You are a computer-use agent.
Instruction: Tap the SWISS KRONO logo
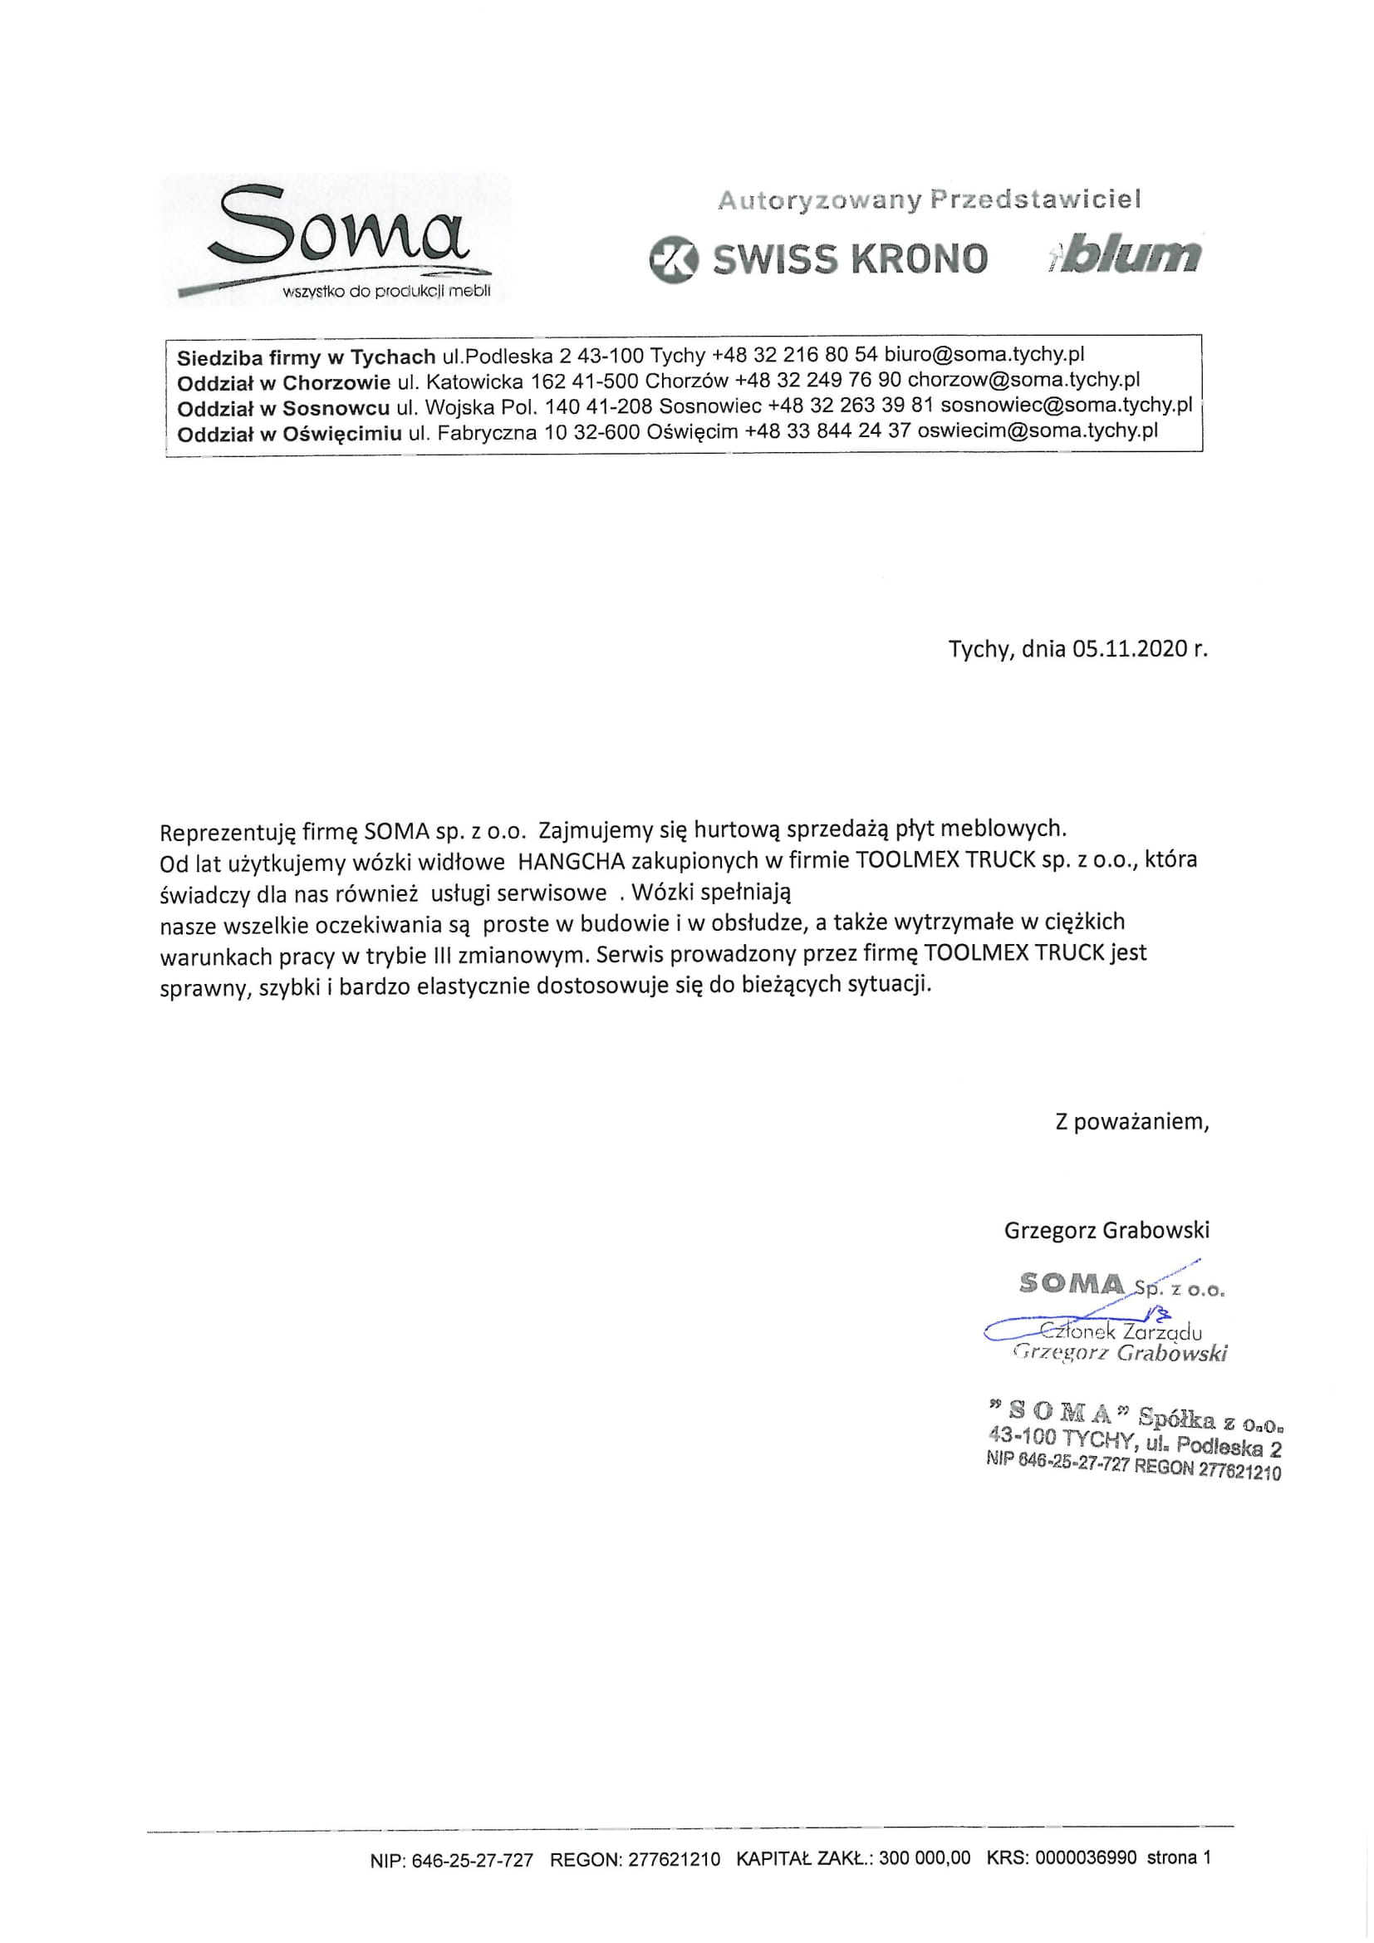point(818,259)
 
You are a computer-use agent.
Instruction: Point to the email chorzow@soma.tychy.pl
point(1023,379)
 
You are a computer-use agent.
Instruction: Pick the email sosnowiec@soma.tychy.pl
point(1066,405)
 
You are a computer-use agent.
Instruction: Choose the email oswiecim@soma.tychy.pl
point(1038,430)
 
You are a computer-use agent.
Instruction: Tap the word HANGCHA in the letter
point(571,862)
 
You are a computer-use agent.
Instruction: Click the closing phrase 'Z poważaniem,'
point(1132,1122)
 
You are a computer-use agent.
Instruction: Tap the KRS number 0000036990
point(1086,1858)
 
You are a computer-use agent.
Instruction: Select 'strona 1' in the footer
point(1179,1858)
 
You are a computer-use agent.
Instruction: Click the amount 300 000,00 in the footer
point(924,1858)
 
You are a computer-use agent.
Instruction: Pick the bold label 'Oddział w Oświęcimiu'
point(289,434)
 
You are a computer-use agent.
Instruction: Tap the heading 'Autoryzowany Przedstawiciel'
point(929,199)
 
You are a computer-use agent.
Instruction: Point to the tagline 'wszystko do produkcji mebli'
point(386,292)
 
